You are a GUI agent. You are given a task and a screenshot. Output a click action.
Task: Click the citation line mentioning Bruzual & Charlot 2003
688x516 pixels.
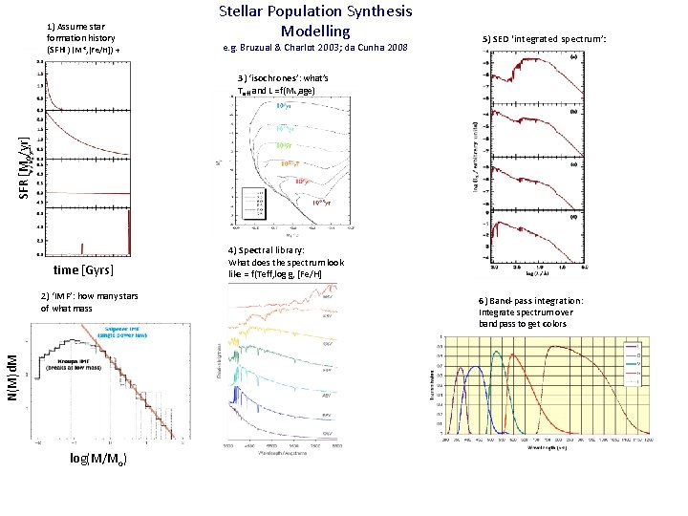(x=314, y=48)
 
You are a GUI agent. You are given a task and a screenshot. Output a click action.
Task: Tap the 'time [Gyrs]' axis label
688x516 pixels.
(x=91, y=271)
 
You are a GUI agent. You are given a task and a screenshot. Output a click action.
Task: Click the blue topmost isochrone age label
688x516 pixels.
(x=284, y=106)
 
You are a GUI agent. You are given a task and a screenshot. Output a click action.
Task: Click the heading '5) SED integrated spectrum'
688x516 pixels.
(x=545, y=39)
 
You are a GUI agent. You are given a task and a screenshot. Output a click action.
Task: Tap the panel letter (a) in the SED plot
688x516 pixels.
(x=572, y=56)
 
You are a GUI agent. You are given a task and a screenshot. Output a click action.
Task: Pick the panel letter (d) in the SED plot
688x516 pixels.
(x=572, y=217)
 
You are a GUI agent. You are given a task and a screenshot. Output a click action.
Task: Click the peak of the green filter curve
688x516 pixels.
(x=497, y=353)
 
